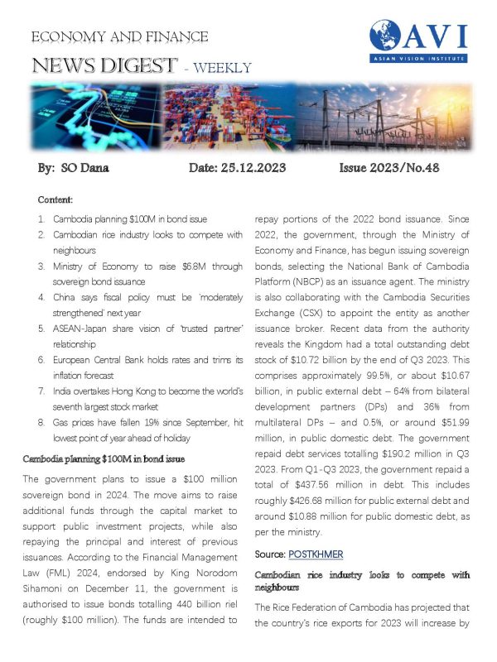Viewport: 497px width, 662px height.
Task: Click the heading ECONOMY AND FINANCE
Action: [x=119, y=37]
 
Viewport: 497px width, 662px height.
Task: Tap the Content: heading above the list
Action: [x=55, y=199]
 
